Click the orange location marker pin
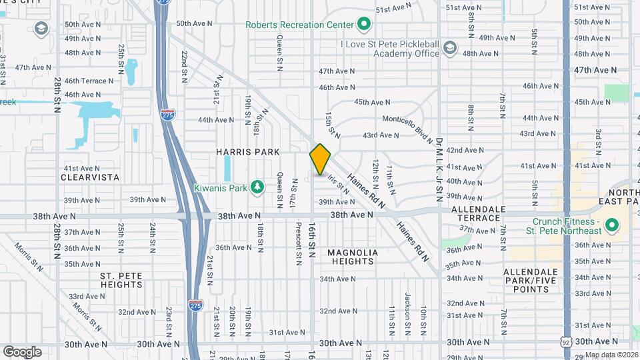(x=320, y=159)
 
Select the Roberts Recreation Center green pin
(x=363, y=25)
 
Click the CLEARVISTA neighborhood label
(x=90, y=177)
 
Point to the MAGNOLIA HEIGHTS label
(x=353, y=257)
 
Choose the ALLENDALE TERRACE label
(x=476, y=213)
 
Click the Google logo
(x=22, y=351)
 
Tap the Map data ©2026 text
(x=611, y=354)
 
